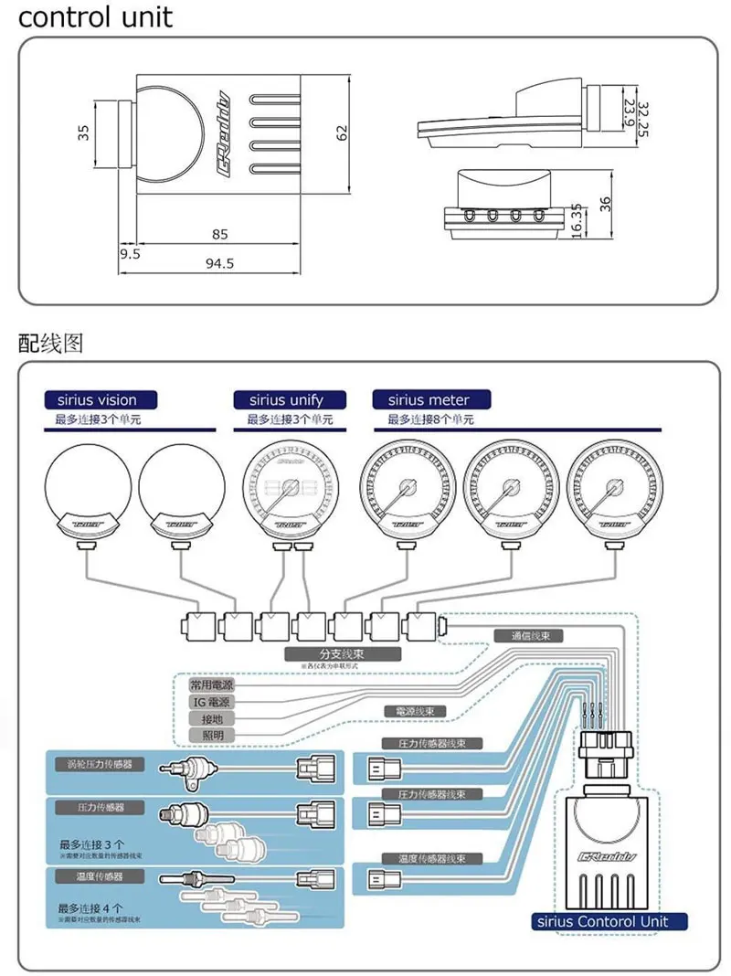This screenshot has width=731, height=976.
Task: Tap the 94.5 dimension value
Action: pyautogui.click(x=219, y=263)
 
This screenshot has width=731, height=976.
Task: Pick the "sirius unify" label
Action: pyautogui.click(x=286, y=399)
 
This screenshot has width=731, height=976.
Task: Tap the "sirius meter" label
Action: pyautogui.click(x=429, y=399)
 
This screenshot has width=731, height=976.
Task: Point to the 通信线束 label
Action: pyautogui.click(x=526, y=635)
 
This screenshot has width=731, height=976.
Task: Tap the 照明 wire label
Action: pyautogui.click(x=210, y=735)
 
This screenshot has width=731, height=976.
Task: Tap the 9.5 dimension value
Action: pyautogui.click(x=129, y=254)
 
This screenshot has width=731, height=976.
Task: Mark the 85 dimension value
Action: pyautogui.click(x=219, y=234)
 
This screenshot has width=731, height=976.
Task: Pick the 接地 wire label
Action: pyautogui.click(x=210, y=718)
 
